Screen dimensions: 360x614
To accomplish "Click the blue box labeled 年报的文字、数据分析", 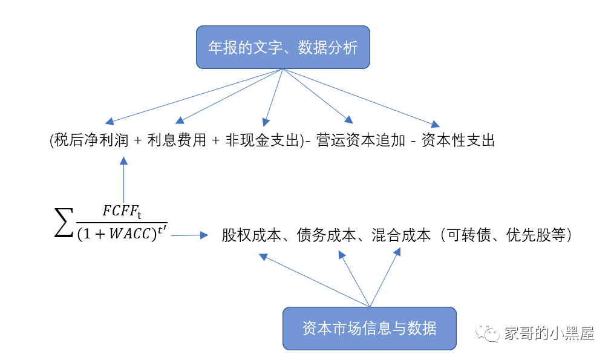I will point(283,47).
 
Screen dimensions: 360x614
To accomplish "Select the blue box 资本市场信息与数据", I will point(369,328).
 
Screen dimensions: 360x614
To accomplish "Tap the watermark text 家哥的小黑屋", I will point(548,333).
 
